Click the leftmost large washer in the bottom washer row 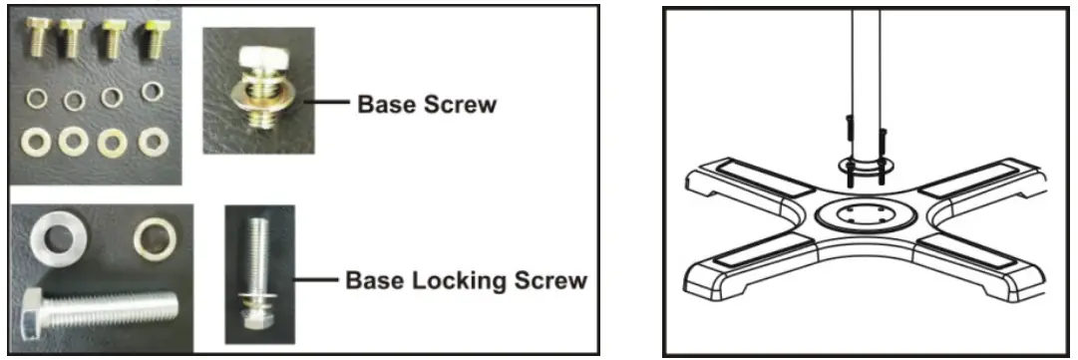tap(36, 141)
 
